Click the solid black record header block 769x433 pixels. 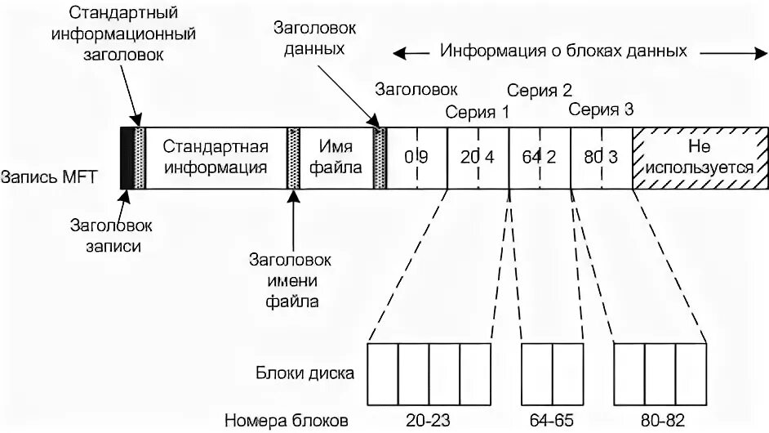[127, 158]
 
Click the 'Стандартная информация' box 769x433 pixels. [216, 158]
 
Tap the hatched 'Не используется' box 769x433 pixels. [700, 158]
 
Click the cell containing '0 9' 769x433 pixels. [416, 158]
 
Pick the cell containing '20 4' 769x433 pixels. [478, 158]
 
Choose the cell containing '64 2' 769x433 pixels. [539, 158]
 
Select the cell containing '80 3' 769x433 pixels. [602, 158]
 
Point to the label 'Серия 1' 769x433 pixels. [477, 112]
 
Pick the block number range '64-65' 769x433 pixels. [552, 421]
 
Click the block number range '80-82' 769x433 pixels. [660, 421]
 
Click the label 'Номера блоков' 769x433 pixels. [287, 421]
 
